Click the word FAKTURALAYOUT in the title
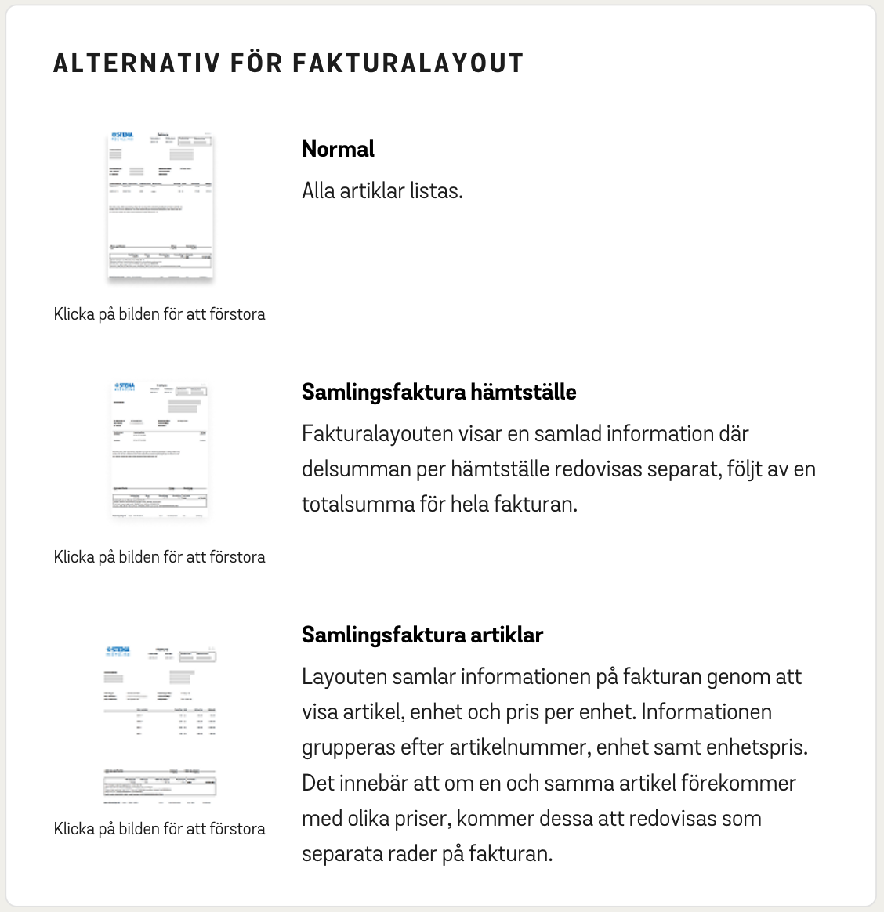408,63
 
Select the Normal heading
338,149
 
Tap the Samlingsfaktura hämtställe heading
439,392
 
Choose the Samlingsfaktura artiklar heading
422,635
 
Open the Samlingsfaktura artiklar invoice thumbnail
160,725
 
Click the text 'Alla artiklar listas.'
382,191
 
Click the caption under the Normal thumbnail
160,314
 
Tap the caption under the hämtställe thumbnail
160,557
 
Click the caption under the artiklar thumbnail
160,829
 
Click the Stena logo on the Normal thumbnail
124,136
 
